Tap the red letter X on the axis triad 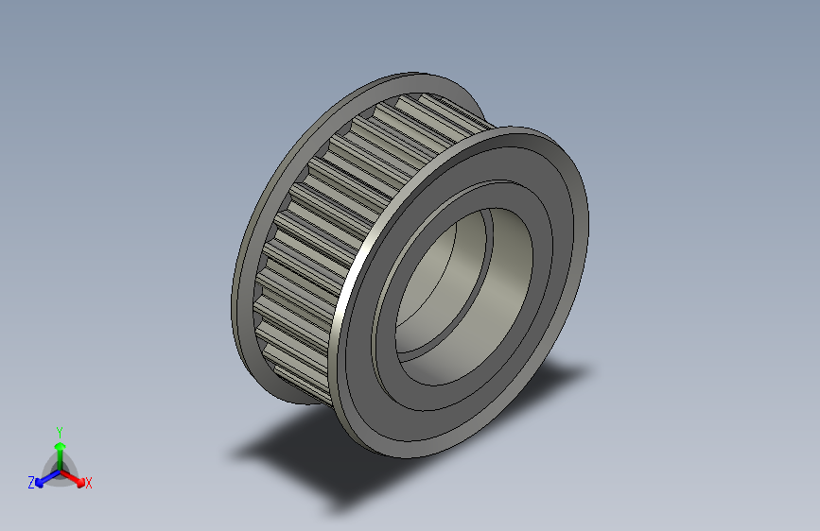point(89,483)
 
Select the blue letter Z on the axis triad point(31,482)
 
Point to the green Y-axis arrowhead point(60,443)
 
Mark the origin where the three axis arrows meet point(60,470)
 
